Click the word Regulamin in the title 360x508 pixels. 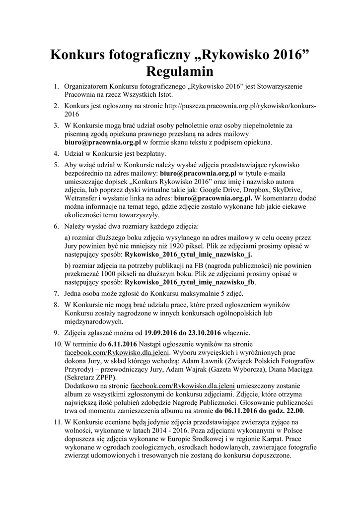(179, 72)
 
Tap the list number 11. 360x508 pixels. (56, 421)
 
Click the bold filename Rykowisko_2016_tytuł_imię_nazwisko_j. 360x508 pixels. (188, 254)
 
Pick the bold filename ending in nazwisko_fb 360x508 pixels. (190, 282)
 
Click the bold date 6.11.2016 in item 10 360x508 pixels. (122, 344)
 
